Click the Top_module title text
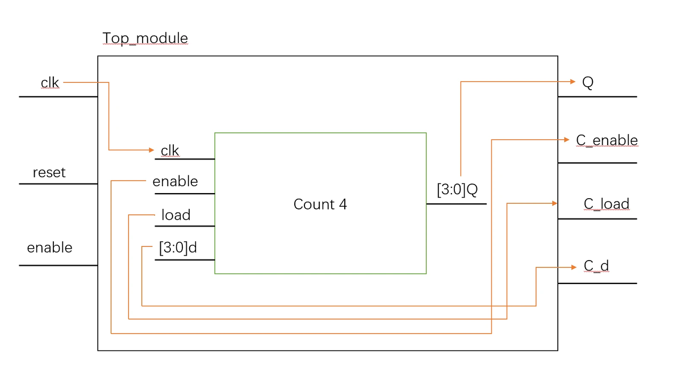[x=145, y=39]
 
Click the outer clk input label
[x=50, y=83]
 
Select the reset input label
[x=49, y=173]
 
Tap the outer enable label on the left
[x=49, y=248]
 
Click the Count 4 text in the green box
[x=320, y=204]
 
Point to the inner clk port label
[x=170, y=150]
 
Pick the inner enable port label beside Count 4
[x=175, y=182]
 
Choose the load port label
[x=175, y=215]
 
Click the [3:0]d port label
[x=178, y=248]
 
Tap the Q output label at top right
[x=588, y=83]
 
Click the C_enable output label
[x=607, y=140]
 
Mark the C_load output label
[x=606, y=204]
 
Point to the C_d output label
[x=596, y=266]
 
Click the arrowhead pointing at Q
[x=572, y=82]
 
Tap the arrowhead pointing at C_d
[x=572, y=267]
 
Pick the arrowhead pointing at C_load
[x=554, y=203]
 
